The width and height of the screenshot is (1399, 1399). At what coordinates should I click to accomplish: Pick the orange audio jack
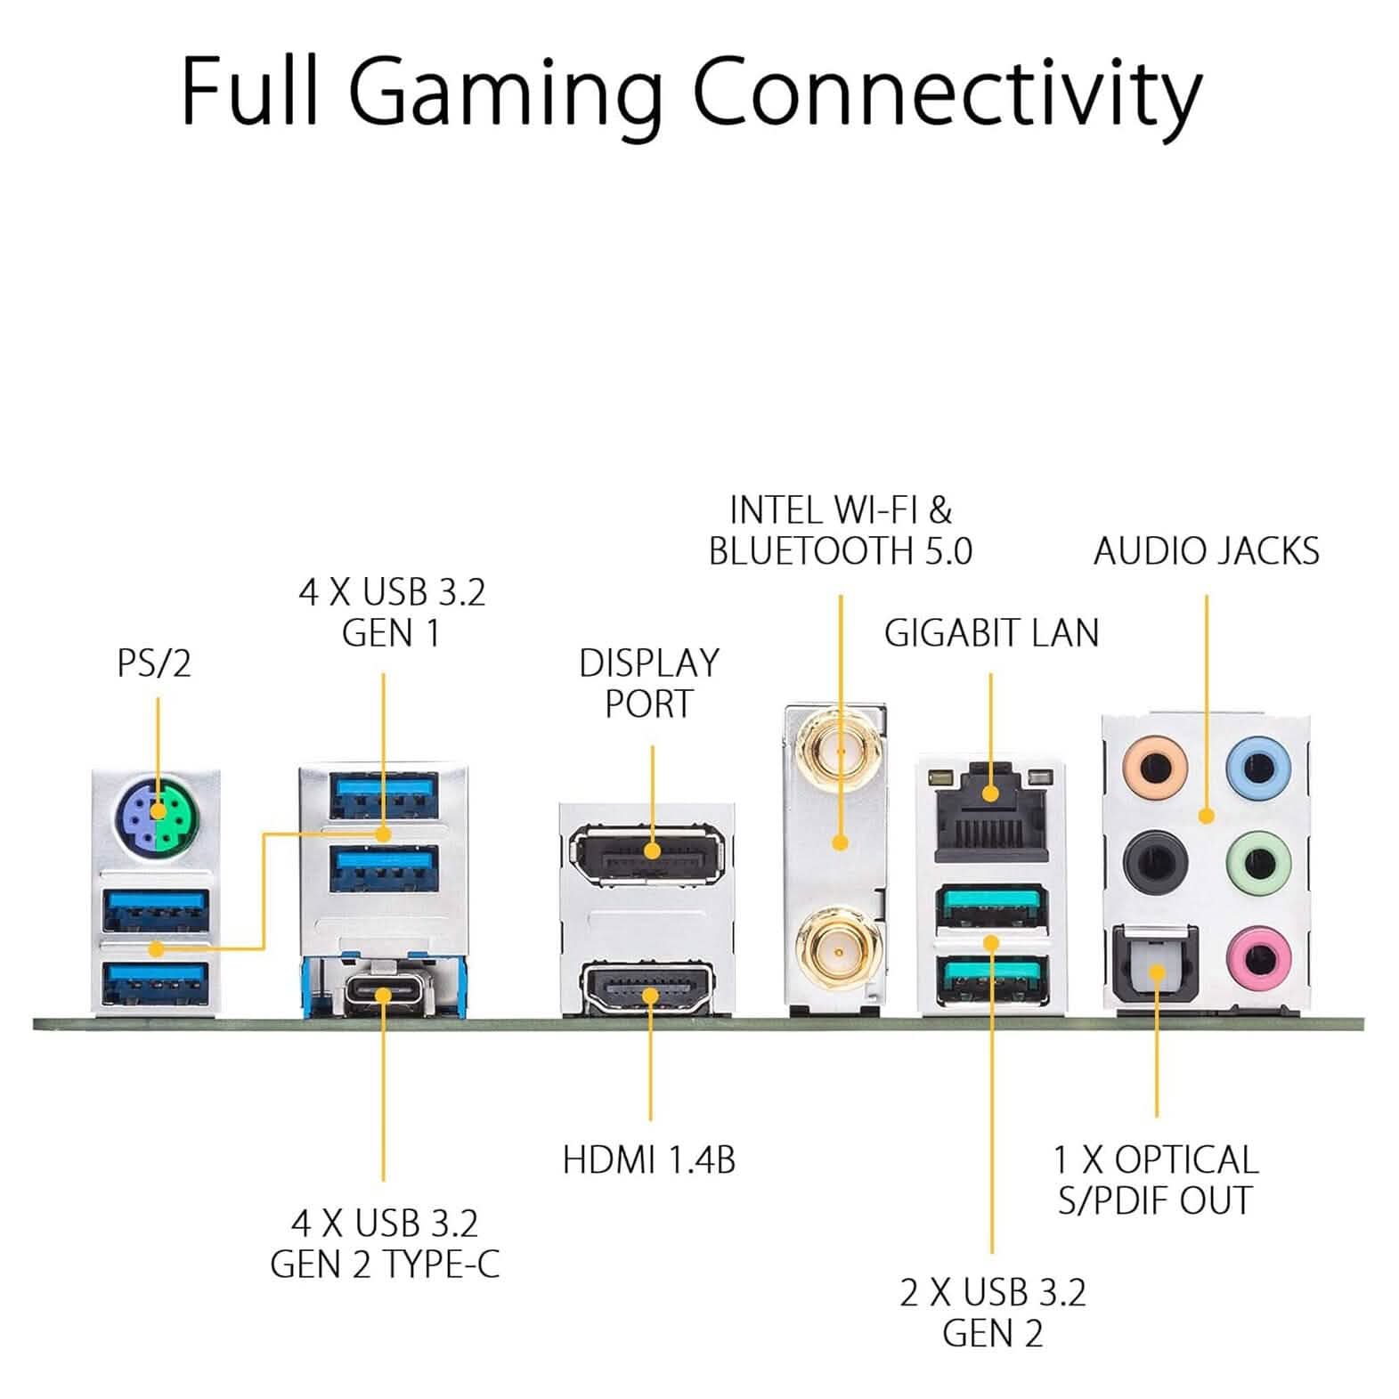point(1155,765)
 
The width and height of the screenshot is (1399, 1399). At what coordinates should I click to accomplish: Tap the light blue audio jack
point(1257,765)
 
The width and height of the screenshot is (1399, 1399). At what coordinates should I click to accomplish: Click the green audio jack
point(1257,861)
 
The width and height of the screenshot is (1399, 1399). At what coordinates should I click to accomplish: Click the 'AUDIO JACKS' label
point(1206,551)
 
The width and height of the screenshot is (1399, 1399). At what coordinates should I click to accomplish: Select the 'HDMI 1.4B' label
point(649,1160)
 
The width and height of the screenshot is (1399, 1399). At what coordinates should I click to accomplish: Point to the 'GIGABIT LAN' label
point(991,633)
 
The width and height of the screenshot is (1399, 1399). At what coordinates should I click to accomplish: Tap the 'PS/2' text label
point(154,663)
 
